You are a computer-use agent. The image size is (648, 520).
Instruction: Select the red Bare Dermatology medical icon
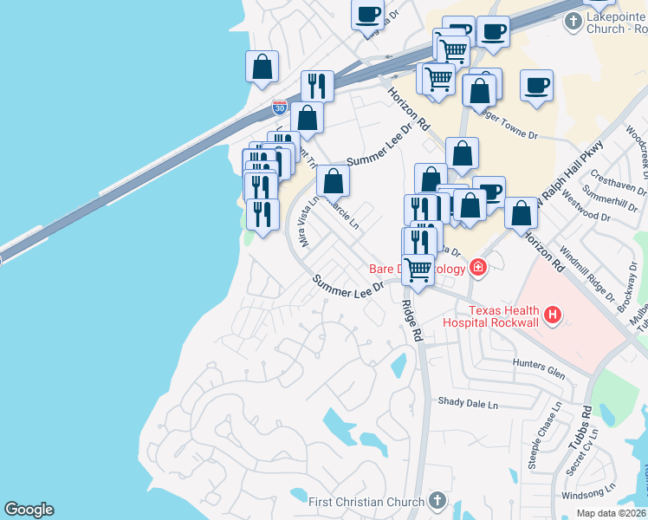(x=477, y=268)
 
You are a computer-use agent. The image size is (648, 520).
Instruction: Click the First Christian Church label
(x=366, y=501)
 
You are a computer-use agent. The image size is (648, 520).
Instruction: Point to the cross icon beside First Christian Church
(x=437, y=501)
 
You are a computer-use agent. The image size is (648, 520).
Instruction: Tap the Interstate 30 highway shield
(x=279, y=107)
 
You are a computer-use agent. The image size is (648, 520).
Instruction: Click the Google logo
(x=29, y=510)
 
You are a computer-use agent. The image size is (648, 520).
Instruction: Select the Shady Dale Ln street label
(x=469, y=404)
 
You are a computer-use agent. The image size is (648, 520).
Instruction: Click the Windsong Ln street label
(x=567, y=495)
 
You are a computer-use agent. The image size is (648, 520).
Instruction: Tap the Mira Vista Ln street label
(x=308, y=220)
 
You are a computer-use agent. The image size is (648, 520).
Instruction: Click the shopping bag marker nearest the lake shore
(x=262, y=67)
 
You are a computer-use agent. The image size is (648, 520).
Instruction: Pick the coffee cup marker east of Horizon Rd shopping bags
(x=536, y=85)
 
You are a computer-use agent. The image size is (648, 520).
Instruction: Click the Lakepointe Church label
(x=606, y=23)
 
